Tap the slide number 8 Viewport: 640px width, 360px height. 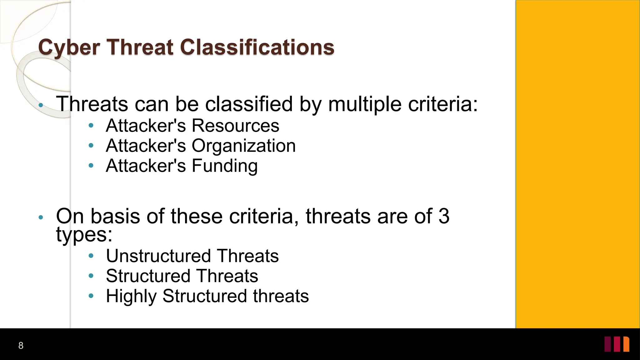(21, 345)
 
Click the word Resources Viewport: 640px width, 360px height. (235, 126)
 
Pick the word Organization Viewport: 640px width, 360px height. (243, 146)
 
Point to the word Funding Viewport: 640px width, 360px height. (224, 166)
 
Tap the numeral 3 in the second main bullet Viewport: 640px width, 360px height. (444, 216)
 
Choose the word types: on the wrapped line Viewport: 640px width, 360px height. (84, 234)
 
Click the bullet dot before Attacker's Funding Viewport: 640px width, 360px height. (91, 165)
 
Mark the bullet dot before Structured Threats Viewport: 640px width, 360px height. (91, 276)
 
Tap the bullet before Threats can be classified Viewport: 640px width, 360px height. (41, 105)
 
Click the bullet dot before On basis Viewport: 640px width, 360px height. (41, 217)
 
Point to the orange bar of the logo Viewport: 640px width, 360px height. (626, 344)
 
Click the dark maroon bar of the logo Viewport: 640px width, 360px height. (607, 344)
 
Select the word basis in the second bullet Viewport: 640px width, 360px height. (115, 216)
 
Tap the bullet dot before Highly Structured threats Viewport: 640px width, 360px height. (91, 296)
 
